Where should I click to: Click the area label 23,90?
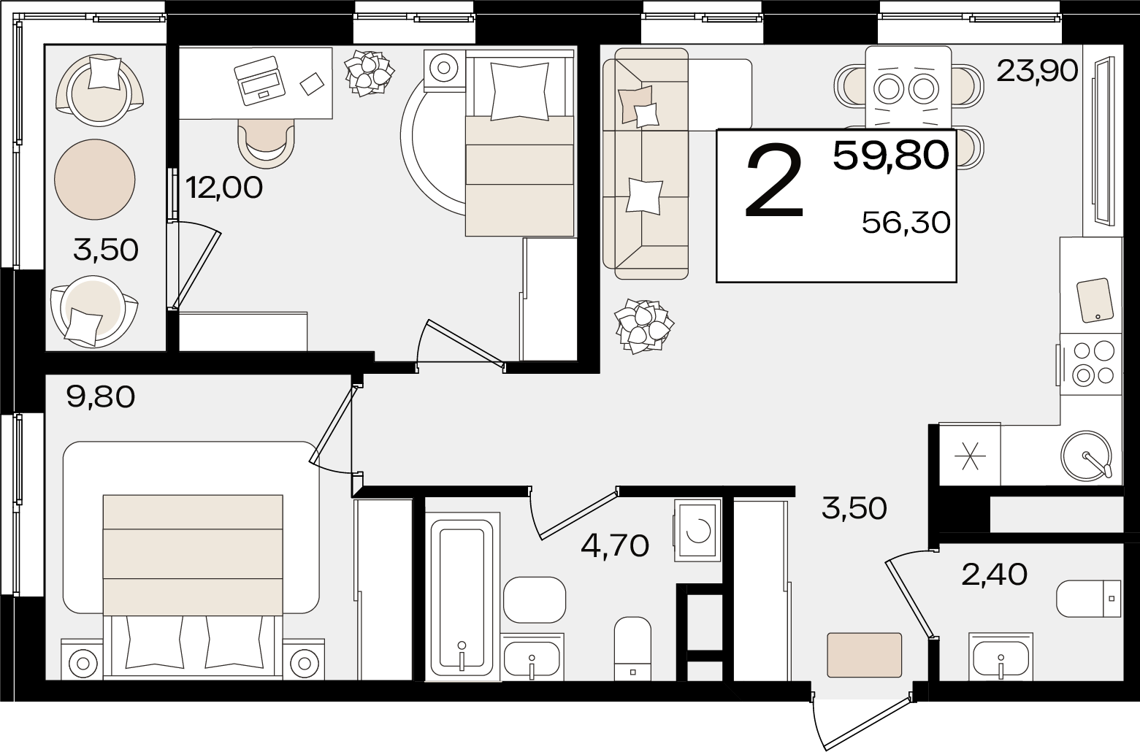click(1037, 71)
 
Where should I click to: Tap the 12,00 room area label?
click(223, 188)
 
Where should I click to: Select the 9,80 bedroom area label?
click(101, 397)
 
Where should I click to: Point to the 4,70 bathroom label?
click(615, 546)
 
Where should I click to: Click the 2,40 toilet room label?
click(995, 575)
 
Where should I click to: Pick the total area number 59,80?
click(891, 156)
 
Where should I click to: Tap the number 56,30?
click(906, 223)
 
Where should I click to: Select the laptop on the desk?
click(259, 80)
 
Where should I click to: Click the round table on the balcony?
click(95, 179)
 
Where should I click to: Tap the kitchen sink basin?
click(1085, 455)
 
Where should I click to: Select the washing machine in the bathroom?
click(697, 530)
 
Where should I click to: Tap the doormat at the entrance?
click(864, 655)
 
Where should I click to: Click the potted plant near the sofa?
click(644, 326)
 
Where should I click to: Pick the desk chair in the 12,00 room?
click(266, 143)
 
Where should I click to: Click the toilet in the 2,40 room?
click(1089, 598)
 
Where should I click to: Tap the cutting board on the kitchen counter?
click(1095, 300)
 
